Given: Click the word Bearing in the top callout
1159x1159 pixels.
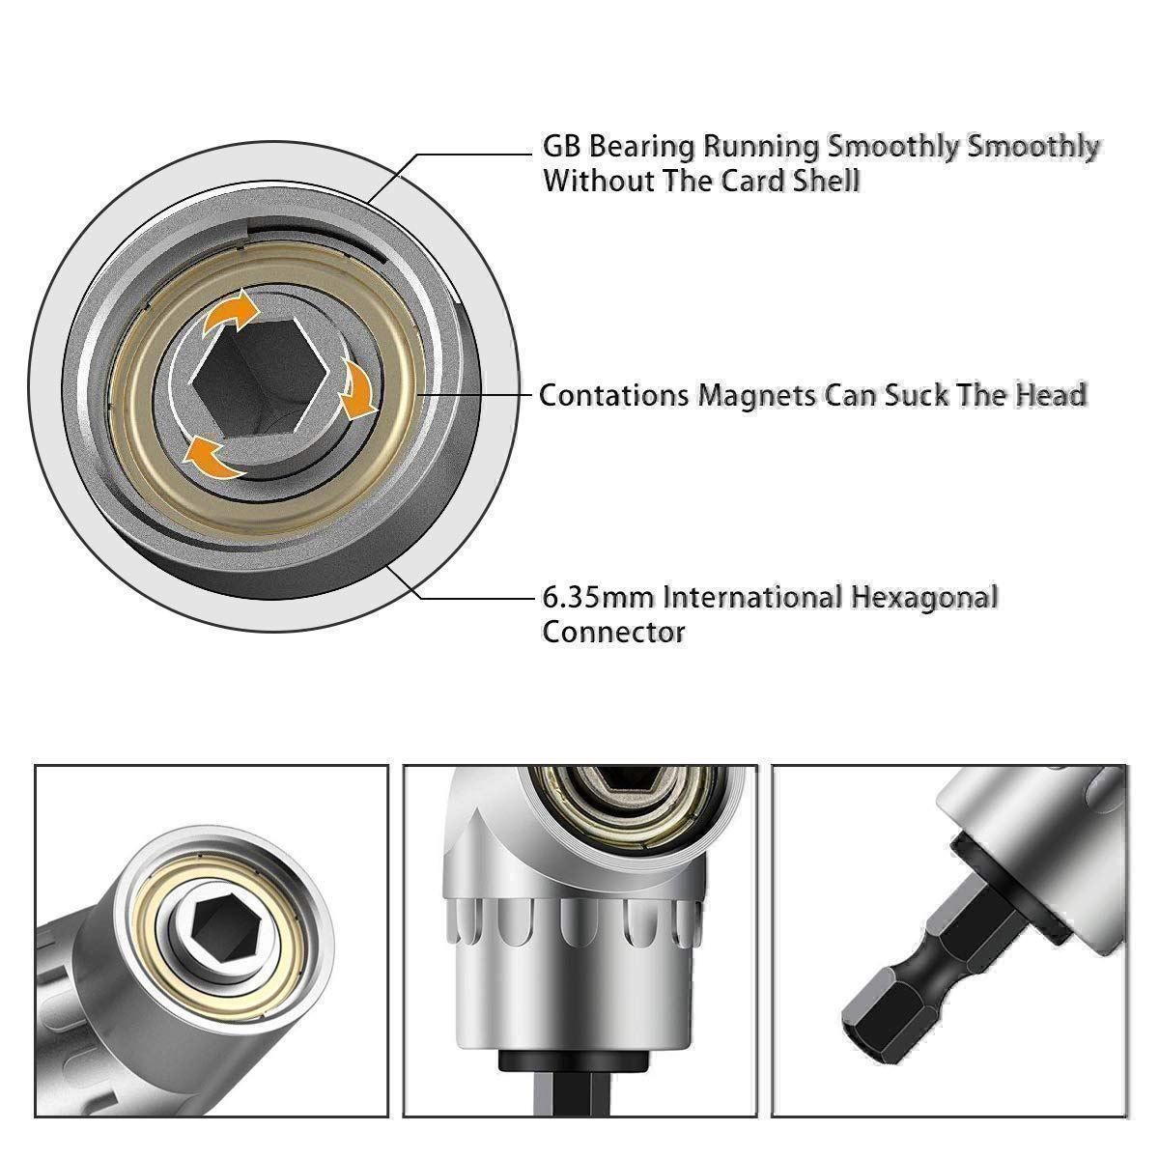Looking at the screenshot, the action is [641, 148].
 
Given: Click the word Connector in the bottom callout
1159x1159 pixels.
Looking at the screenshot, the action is [613, 633].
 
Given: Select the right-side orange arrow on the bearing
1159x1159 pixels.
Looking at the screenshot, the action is [357, 388].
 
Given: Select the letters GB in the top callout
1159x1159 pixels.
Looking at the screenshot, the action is [561, 148].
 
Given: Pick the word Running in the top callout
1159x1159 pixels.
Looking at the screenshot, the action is [761, 148].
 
